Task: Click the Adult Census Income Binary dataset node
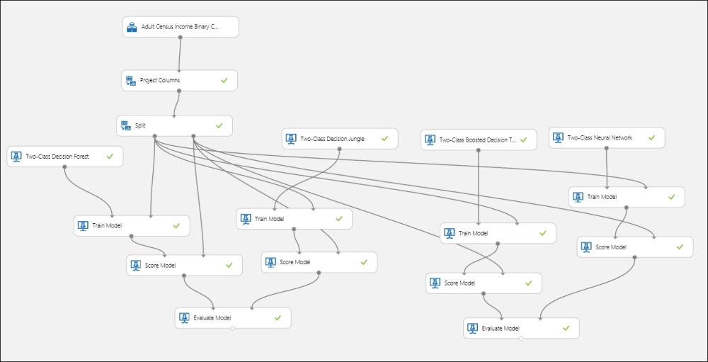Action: [x=180, y=27]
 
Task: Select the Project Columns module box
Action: [x=178, y=80]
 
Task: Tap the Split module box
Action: [x=173, y=125]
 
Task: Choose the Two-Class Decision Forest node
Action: [x=64, y=157]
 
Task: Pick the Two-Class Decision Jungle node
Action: [x=339, y=139]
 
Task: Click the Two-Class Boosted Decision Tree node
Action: [x=478, y=140]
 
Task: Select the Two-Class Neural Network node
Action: [x=606, y=137]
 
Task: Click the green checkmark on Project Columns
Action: [x=224, y=81]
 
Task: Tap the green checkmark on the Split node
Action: [x=219, y=125]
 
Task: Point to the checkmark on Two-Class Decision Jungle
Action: [x=384, y=139]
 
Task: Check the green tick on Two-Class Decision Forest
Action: [x=110, y=157]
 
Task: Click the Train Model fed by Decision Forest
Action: [x=132, y=225]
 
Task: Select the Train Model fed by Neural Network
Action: [x=626, y=196]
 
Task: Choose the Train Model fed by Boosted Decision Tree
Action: [x=497, y=233]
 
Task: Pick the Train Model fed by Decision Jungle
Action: [x=294, y=219]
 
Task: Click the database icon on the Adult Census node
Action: [x=132, y=28]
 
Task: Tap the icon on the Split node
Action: [x=125, y=125]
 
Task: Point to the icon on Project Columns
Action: [x=130, y=81]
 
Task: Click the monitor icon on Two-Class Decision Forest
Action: [x=16, y=157]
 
